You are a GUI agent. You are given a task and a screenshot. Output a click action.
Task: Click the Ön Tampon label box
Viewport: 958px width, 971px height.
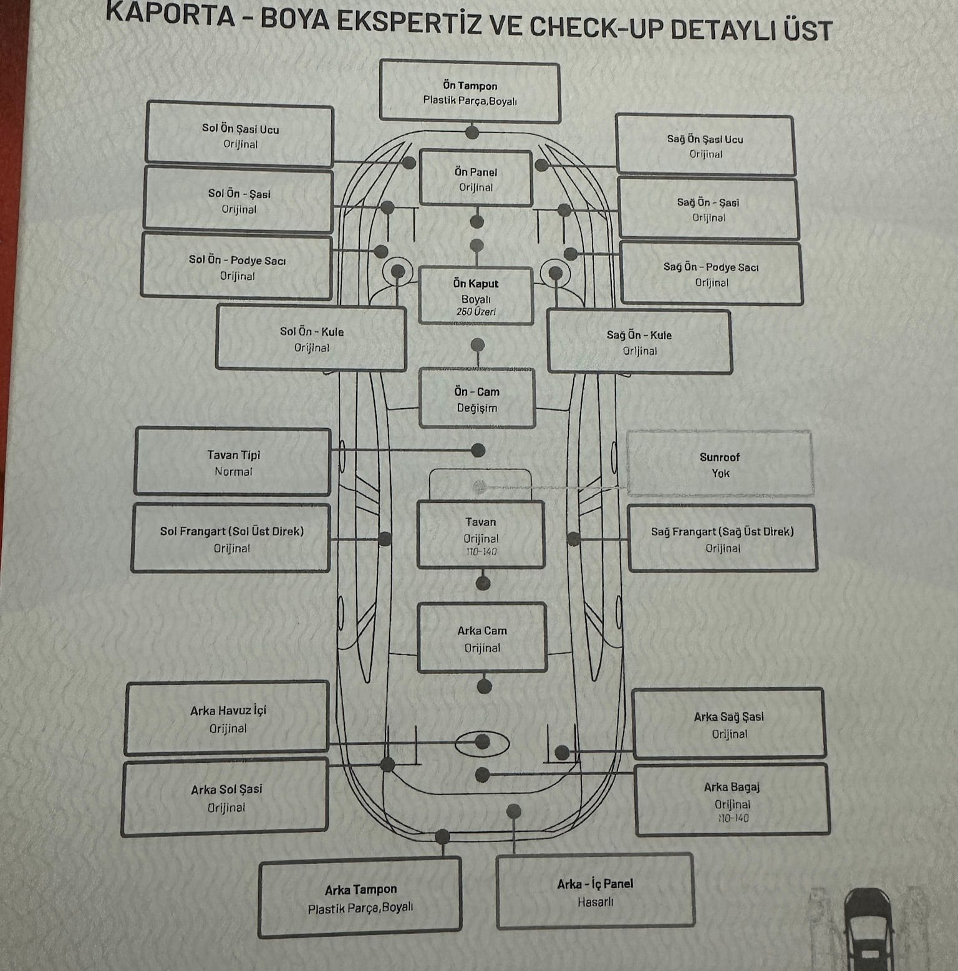(470, 92)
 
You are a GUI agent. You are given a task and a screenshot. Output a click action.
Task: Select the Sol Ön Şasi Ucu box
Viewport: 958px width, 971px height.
(239, 135)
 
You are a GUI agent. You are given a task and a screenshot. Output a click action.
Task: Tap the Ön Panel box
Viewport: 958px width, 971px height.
(476, 178)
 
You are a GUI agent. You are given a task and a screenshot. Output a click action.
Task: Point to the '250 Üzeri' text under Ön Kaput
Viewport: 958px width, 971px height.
(476, 312)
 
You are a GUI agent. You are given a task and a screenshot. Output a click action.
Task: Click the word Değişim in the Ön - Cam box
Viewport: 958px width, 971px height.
(477, 408)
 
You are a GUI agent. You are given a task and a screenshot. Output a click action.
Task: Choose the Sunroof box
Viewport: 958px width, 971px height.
(720, 464)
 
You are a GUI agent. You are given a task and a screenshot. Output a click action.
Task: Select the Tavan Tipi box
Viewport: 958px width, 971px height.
(233, 462)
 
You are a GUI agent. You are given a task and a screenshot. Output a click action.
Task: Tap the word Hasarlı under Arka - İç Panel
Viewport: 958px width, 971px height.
(596, 902)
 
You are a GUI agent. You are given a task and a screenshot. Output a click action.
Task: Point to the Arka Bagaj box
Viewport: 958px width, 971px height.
(732, 800)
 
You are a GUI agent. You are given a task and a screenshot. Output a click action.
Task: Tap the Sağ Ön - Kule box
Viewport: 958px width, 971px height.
(639, 342)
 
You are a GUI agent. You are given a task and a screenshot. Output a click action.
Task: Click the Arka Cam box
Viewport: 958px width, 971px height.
(482, 638)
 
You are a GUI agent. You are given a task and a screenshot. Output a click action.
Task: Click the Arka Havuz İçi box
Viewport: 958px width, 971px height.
(227, 718)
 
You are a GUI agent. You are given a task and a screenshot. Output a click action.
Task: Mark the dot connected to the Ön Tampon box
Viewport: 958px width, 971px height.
(472, 132)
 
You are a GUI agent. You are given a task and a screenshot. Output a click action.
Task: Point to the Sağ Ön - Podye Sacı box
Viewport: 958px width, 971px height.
(711, 274)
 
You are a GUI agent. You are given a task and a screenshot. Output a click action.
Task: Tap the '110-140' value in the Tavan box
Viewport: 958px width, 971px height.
(481, 552)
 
